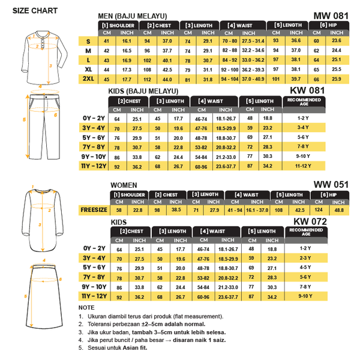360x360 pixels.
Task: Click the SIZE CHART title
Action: (x=35, y=10)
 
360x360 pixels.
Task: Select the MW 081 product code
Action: (x=331, y=16)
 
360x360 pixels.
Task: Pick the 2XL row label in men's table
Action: (x=88, y=79)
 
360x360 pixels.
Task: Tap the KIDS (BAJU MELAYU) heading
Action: (x=143, y=91)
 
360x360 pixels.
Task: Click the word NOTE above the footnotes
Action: (x=86, y=307)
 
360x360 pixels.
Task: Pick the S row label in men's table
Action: (x=89, y=40)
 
